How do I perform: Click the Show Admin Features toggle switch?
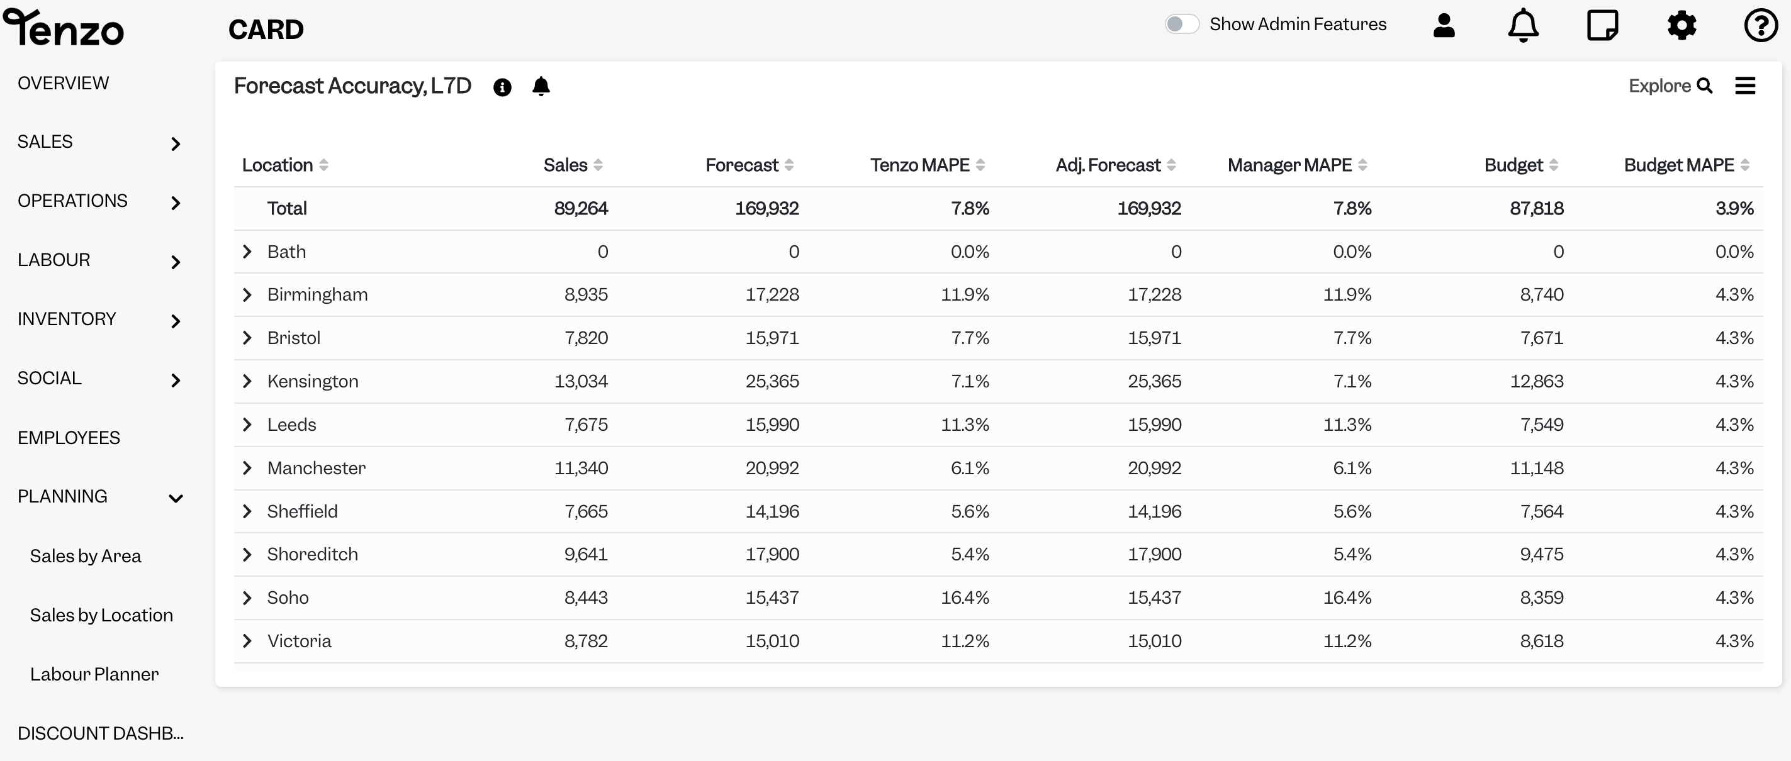pyautogui.click(x=1182, y=25)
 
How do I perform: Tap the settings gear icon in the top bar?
pyautogui.click(x=1682, y=26)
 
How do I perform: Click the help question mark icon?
pyautogui.click(x=1761, y=26)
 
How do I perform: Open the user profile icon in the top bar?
pyautogui.click(x=1444, y=25)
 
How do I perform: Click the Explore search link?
pyautogui.click(x=1670, y=86)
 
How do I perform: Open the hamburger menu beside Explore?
pyautogui.click(x=1745, y=86)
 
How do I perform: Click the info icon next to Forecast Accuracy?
pyautogui.click(x=502, y=87)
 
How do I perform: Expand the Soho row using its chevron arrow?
pyautogui.click(x=247, y=597)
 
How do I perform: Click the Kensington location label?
pyautogui.click(x=313, y=381)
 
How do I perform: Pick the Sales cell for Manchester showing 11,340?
pyautogui.click(x=581, y=468)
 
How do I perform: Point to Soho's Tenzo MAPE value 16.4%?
pyautogui.click(x=965, y=597)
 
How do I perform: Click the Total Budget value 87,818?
pyautogui.click(x=1537, y=209)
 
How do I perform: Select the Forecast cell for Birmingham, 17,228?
pyautogui.click(x=772, y=295)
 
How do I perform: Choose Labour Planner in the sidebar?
pyautogui.click(x=94, y=674)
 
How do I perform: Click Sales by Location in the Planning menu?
pyautogui.click(x=101, y=615)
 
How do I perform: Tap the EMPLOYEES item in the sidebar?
pyautogui.click(x=69, y=438)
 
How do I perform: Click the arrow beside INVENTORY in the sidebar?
pyautogui.click(x=176, y=321)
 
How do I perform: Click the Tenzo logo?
pyautogui.click(x=64, y=28)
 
